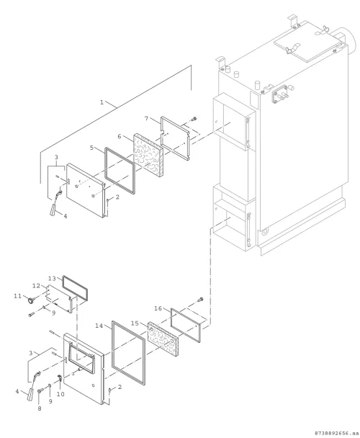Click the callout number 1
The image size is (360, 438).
(102, 102)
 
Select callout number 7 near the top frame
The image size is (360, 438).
(146, 118)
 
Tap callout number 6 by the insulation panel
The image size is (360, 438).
(120, 136)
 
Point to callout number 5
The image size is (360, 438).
(91, 148)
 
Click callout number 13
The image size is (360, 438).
(53, 279)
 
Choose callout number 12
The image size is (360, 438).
(37, 286)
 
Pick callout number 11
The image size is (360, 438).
(17, 296)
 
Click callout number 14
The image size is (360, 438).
(99, 326)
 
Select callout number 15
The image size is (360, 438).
(135, 323)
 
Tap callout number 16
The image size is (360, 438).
(158, 308)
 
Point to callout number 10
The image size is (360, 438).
(60, 394)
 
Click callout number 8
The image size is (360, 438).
(40, 408)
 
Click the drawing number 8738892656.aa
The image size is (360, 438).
(336, 433)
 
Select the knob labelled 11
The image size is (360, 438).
(30, 300)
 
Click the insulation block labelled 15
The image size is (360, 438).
(163, 339)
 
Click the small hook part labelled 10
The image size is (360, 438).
(60, 378)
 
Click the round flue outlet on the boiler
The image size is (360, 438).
(348, 41)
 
